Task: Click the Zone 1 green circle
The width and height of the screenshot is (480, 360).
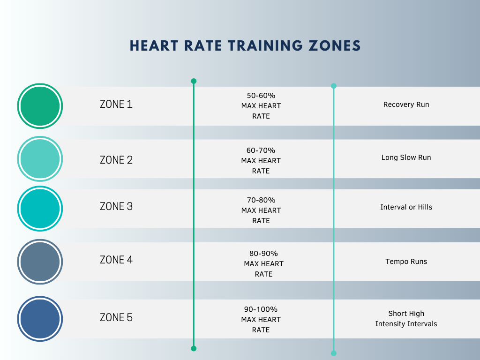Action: pos(40,106)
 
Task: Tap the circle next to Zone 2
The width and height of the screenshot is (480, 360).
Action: pos(40,159)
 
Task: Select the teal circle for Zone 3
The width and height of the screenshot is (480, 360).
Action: pos(40,209)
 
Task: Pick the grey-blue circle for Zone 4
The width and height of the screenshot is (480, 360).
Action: pos(40,262)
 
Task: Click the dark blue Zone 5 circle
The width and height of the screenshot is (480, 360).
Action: pos(40,319)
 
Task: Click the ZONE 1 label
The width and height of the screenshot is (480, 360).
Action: pos(116,104)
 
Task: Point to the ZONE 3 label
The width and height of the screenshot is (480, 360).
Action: pos(116,206)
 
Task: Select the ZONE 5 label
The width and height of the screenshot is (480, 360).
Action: pos(116,317)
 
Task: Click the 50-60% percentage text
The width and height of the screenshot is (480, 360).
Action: pos(261,96)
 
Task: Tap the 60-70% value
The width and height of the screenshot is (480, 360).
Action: pos(261,150)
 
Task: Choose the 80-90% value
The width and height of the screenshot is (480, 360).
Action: pos(263,254)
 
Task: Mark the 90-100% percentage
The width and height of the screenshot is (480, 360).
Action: pos(261,309)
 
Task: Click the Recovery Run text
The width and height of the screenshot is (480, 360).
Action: pos(406,105)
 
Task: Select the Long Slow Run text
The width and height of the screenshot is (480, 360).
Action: pos(406,157)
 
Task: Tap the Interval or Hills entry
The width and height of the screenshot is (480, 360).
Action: pos(406,207)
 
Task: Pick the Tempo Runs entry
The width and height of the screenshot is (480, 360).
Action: pos(406,262)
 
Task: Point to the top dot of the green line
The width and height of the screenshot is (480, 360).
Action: pos(194,81)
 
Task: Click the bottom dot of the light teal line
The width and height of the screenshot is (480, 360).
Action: pos(334,353)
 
